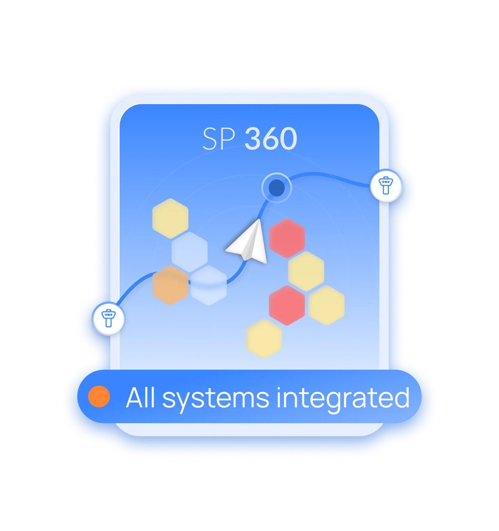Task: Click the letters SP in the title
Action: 219,139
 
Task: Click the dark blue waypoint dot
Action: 276,187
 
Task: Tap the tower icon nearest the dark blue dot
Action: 386,185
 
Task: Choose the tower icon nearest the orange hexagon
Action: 108,318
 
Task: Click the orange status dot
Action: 99,396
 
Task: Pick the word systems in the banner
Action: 216,398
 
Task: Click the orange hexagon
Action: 170,285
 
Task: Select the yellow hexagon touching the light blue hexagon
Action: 170,218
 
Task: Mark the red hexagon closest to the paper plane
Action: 287,237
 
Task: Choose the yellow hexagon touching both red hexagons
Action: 306,271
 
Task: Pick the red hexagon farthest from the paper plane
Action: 287,305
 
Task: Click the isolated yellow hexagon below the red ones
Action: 264,338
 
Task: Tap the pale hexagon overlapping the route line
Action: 208,285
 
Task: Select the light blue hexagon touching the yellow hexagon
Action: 189,251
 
